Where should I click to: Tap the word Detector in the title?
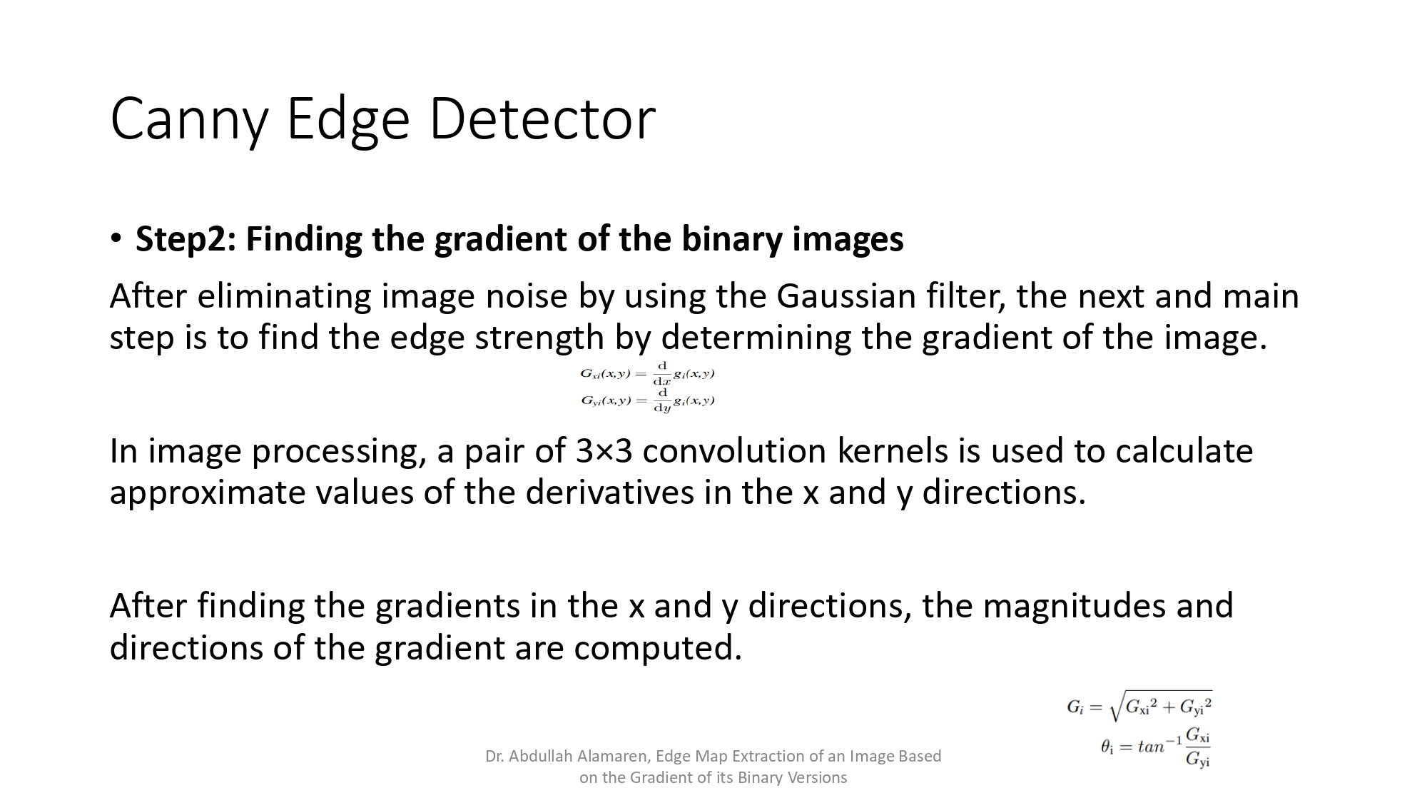(542, 118)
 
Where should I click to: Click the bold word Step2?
(185, 238)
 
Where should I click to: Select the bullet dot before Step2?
(116, 238)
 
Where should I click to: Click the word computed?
(658, 647)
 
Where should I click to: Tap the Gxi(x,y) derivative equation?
(647, 373)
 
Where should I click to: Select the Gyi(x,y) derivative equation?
(647, 401)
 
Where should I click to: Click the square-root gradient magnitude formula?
(1139, 706)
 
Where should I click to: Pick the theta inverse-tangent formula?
(1156, 747)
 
